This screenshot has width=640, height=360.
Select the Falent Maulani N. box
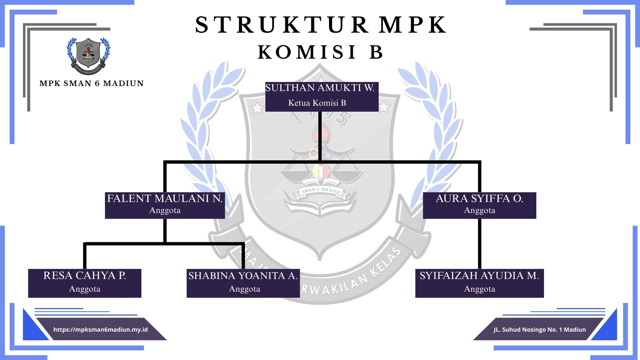click(165, 205)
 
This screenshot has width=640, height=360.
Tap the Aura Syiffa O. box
click(479, 205)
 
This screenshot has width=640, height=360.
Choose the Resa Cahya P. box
click(85, 283)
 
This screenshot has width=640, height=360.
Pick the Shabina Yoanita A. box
click(243, 283)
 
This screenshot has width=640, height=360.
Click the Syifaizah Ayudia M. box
click(479, 283)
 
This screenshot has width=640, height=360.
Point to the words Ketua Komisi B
click(317, 103)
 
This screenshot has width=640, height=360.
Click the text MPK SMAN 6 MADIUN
click(91, 83)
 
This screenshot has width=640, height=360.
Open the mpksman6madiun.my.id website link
click(100, 330)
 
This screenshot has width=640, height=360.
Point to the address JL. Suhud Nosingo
click(540, 330)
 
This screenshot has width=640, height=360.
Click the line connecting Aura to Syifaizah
click(480, 243)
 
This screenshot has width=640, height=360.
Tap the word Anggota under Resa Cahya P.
click(85, 289)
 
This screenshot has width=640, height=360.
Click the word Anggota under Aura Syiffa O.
click(479, 210)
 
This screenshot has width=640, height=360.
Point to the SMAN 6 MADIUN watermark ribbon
click(321, 191)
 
